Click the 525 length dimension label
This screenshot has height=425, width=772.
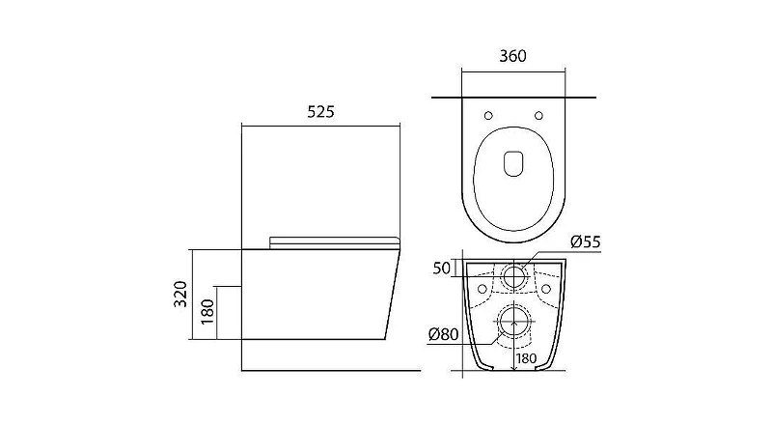(x=320, y=112)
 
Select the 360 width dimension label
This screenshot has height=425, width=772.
(x=512, y=56)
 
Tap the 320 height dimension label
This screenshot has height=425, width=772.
(x=180, y=294)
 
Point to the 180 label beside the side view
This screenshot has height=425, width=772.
(x=207, y=312)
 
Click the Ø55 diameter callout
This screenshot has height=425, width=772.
(x=586, y=241)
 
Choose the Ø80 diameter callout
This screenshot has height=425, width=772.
(x=443, y=334)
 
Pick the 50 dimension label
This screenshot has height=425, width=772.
(x=442, y=269)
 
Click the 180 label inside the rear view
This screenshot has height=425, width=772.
(x=527, y=358)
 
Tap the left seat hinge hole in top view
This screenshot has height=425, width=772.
(x=488, y=116)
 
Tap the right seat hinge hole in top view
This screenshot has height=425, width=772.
(x=538, y=116)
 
